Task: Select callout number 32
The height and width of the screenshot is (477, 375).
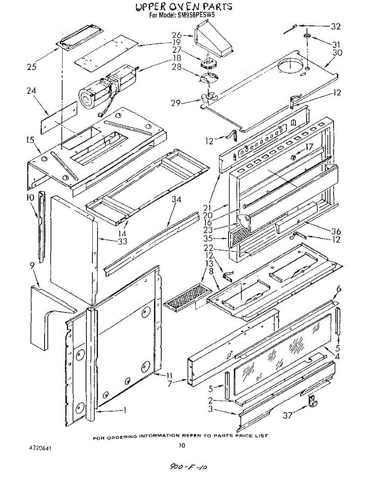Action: point(336,26)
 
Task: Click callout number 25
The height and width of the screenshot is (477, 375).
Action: point(32,66)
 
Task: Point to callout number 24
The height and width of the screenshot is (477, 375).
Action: point(31,91)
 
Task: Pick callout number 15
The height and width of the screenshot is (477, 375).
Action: point(31,140)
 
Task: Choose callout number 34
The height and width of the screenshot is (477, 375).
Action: point(176,200)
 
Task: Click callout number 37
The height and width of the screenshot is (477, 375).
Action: point(288,415)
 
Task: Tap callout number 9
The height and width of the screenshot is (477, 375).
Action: point(32,266)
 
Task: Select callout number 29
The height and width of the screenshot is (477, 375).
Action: point(176,103)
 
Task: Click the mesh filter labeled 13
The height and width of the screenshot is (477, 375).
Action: point(188,297)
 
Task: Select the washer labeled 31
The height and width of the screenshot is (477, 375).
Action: point(307,36)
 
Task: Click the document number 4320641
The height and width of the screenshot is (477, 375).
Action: point(41,448)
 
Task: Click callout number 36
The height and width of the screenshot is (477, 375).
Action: point(336,231)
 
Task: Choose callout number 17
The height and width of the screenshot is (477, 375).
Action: point(309,147)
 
